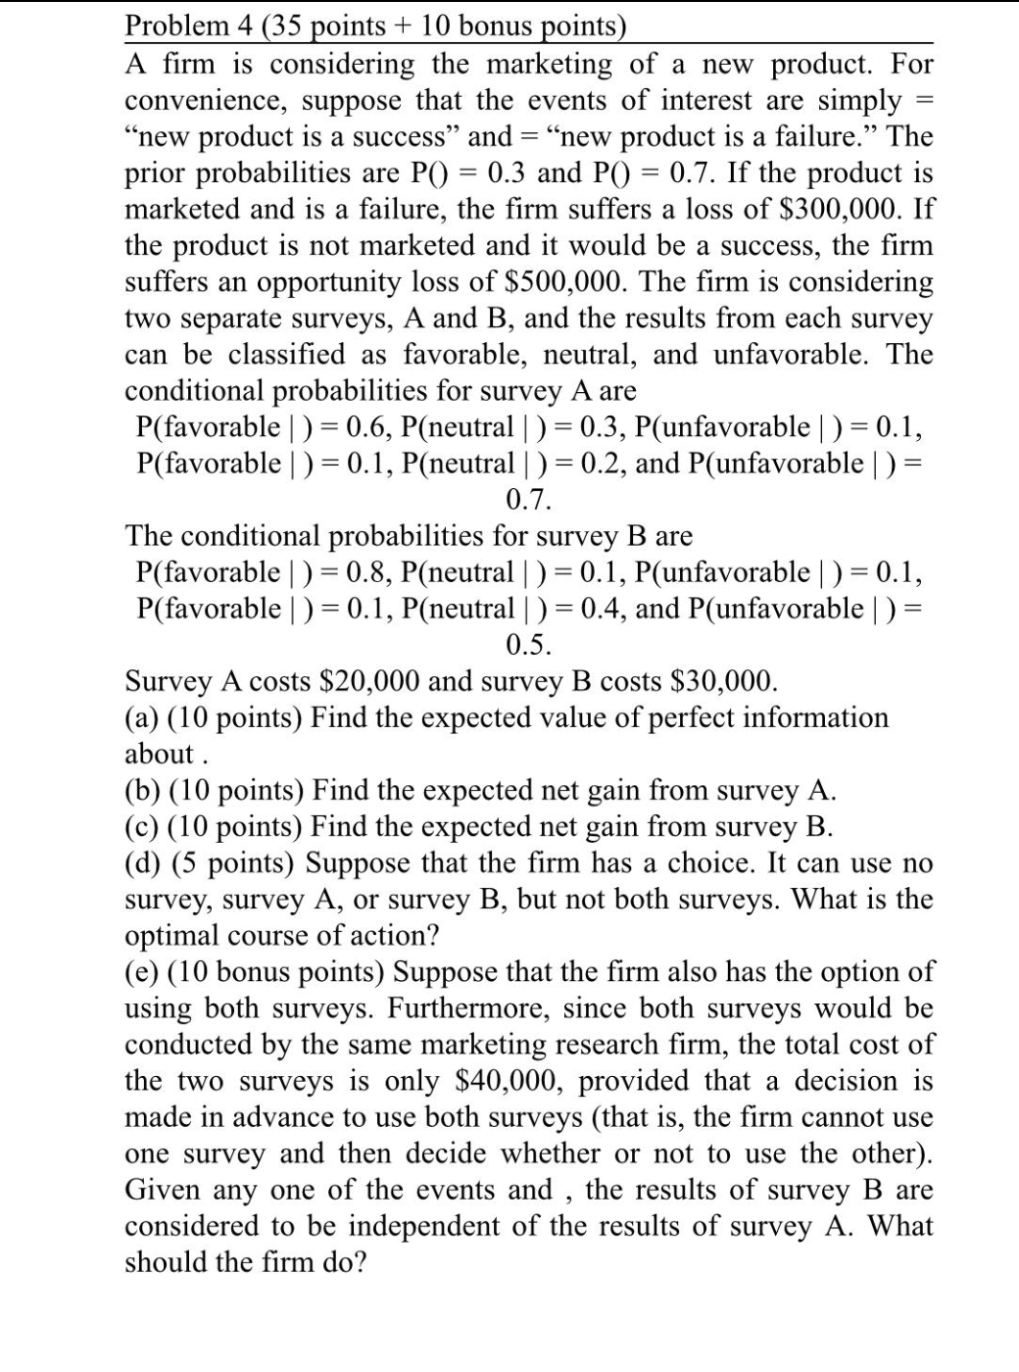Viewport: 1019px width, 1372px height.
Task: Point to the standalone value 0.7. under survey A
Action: pyautogui.click(x=529, y=500)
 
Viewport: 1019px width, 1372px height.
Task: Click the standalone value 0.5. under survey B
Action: pyautogui.click(x=529, y=645)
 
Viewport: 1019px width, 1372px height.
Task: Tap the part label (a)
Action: pyautogui.click(x=143, y=717)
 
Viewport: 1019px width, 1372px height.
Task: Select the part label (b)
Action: pyautogui.click(x=144, y=790)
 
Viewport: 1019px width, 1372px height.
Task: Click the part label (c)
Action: pyautogui.click(x=143, y=826)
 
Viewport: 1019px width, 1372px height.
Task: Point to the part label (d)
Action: pyautogui.click(x=144, y=862)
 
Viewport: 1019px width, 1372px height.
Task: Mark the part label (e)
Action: pyautogui.click(x=143, y=971)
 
